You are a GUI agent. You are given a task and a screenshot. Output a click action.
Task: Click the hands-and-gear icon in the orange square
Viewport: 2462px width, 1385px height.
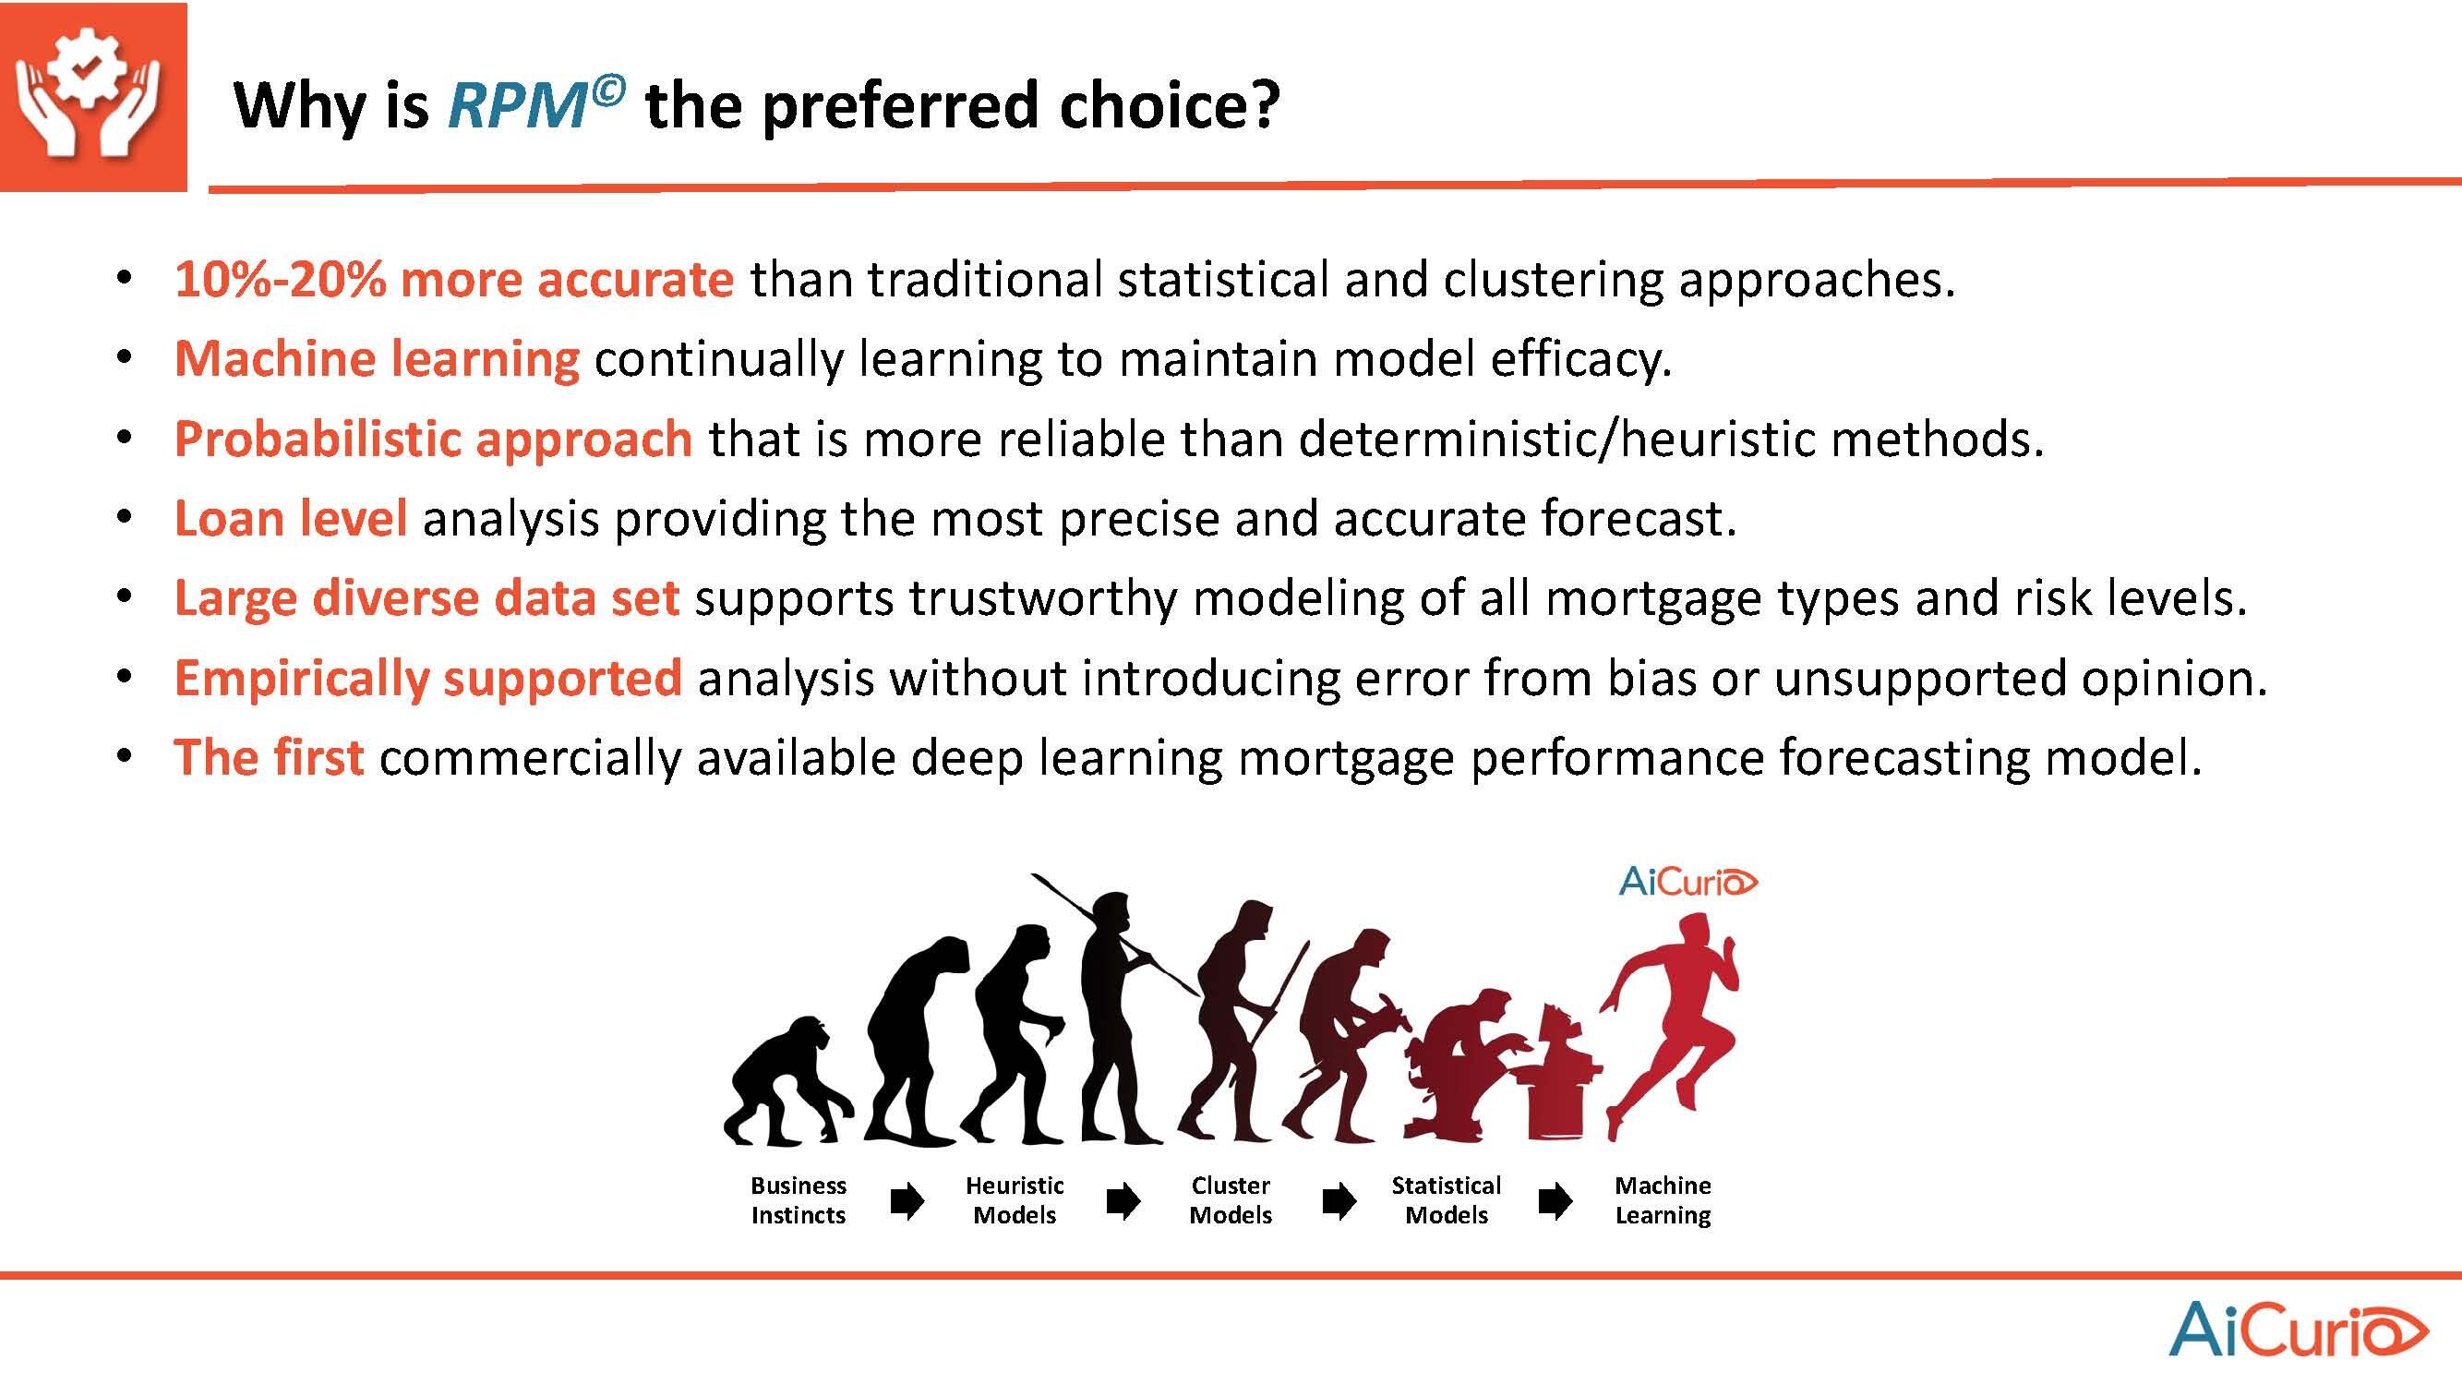coord(91,97)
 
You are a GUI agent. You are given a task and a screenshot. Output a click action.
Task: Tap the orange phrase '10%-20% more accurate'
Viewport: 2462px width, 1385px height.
coord(454,279)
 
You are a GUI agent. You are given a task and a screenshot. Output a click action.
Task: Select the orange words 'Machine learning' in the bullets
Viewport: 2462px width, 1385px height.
coord(377,359)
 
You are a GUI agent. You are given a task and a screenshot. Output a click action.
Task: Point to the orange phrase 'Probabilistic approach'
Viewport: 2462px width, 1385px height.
coord(433,440)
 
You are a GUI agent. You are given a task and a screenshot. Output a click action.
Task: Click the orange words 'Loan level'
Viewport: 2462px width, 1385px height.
coord(291,518)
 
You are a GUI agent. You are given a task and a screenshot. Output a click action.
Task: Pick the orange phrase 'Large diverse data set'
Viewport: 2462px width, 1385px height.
coord(426,598)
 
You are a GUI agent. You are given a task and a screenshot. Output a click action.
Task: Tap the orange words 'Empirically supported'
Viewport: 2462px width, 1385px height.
coord(427,679)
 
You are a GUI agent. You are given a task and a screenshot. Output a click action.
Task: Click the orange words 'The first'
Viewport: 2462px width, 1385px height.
coord(269,757)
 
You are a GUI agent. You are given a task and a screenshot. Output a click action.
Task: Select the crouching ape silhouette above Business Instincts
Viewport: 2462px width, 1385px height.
coord(787,1085)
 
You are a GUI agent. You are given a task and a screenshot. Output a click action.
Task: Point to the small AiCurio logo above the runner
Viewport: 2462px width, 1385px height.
coord(1687,881)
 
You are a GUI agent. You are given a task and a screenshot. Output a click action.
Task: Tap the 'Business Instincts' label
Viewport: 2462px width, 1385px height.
coord(798,1200)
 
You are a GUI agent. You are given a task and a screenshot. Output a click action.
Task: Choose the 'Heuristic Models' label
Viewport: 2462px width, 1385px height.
coord(1014,1200)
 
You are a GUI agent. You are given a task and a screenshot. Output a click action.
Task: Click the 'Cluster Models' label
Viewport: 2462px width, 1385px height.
coord(1230,1200)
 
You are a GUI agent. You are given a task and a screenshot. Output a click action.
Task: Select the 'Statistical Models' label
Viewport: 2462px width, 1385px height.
coord(1446,1200)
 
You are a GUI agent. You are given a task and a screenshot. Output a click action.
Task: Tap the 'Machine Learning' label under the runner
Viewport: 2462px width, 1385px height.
coord(1663,1200)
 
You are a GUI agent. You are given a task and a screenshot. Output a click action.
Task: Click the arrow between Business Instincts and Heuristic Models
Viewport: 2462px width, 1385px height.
coord(907,1201)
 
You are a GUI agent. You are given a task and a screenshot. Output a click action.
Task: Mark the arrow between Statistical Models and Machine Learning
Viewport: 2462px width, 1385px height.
coord(1556,1201)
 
